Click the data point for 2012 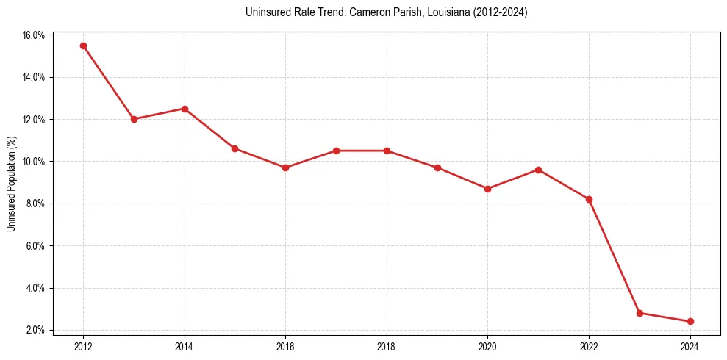83,46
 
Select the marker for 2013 134,119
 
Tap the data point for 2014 185,109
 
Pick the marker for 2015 234,148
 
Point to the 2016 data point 285,168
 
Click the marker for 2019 437,168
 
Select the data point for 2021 538,170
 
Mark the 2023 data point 640,313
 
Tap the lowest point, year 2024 690,321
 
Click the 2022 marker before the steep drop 589,199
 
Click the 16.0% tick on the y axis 35,35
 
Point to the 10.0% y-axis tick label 35,162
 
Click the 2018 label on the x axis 387,346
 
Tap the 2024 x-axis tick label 690,346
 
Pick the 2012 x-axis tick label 83,346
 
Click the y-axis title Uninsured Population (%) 12,184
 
